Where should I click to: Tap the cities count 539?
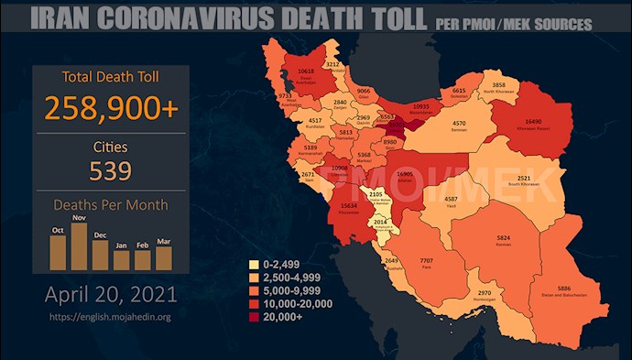coord(111,171)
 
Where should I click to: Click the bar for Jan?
coord(121,259)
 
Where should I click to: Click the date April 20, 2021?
coord(111,295)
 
